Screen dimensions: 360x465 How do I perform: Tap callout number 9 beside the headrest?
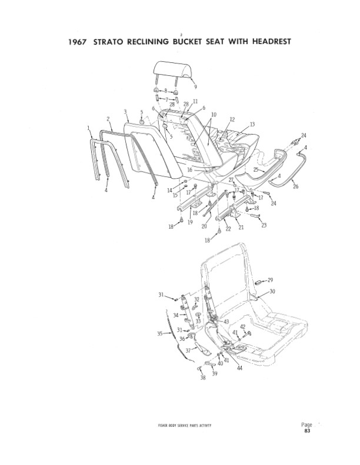pyautogui.click(x=195, y=86)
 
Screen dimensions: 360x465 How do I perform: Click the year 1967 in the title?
pyautogui.click(x=78, y=42)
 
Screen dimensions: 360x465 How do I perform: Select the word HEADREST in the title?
pyautogui.click(x=272, y=41)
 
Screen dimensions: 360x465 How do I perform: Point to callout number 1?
pyautogui.click(x=88, y=128)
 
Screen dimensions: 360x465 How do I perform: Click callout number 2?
pyautogui.click(x=108, y=119)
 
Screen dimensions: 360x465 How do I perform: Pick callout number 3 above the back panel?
pyautogui.click(x=125, y=112)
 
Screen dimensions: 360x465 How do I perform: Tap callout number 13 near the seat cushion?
pyautogui.click(x=252, y=124)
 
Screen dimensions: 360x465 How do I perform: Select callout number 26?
pyautogui.click(x=296, y=186)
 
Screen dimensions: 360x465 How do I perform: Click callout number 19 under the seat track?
pyautogui.click(x=190, y=222)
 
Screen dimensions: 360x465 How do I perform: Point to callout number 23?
pyautogui.click(x=264, y=225)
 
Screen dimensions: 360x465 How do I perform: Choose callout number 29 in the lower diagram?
pyautogui.click(x=270, y=280)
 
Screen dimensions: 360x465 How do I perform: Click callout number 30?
pyautogui.click(x=272, y=291)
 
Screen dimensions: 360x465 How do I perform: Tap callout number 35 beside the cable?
pyautogui.click(x=160, y=334)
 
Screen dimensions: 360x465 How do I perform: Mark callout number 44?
pyautogui.click(x=240, y=368)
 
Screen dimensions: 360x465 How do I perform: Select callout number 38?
pyautogui.click(x=203, y=378)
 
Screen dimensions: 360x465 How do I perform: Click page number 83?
pyautogui.click(x=307, y=431)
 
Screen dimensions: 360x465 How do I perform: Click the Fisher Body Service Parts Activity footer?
pyautogui.click(x=185, y=426)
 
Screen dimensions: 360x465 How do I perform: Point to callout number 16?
pyautogui.click(x=190, y=170)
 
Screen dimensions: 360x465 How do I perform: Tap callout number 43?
pyautogui.click(x=226, y=322)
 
